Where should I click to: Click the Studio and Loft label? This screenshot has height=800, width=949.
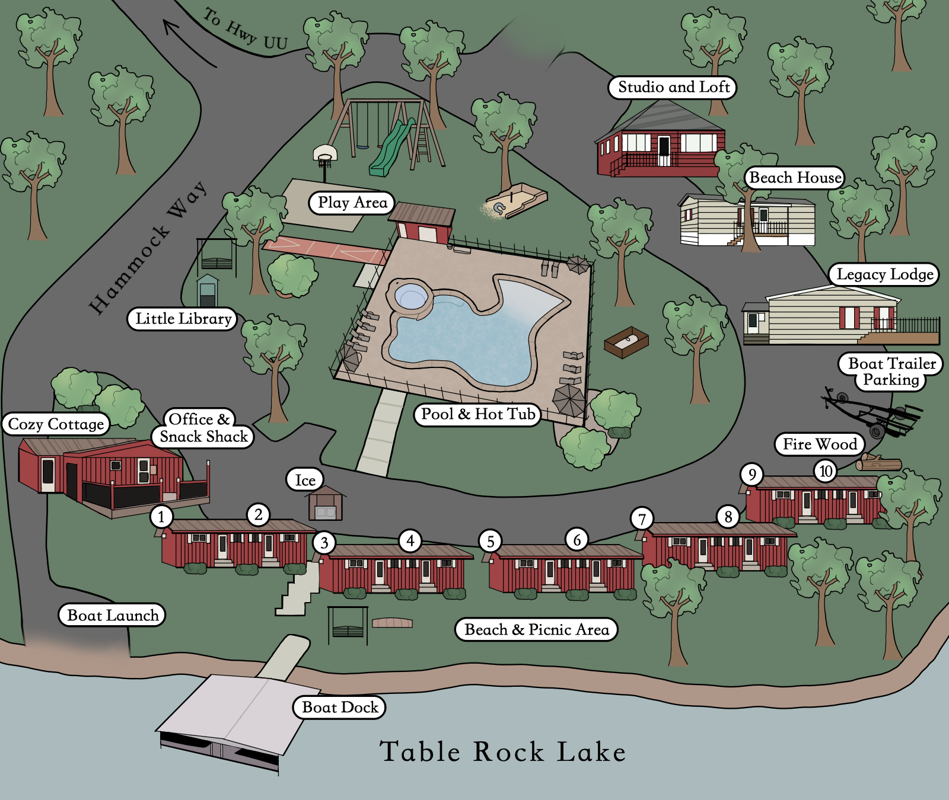673,87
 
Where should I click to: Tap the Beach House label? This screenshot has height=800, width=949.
795,177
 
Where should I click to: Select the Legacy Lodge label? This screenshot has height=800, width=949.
884,274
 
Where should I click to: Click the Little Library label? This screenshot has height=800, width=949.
183,318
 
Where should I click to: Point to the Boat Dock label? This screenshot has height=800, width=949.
339,707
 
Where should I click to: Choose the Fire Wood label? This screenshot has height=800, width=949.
819,444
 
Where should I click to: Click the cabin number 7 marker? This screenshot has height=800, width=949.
642,519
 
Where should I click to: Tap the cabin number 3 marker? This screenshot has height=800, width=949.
324,542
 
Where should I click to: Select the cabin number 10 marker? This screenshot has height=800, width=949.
826,471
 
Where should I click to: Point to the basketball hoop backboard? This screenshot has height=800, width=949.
325,153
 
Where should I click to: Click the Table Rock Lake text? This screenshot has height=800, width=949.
502,751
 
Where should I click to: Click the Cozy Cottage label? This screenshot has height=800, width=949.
56,424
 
